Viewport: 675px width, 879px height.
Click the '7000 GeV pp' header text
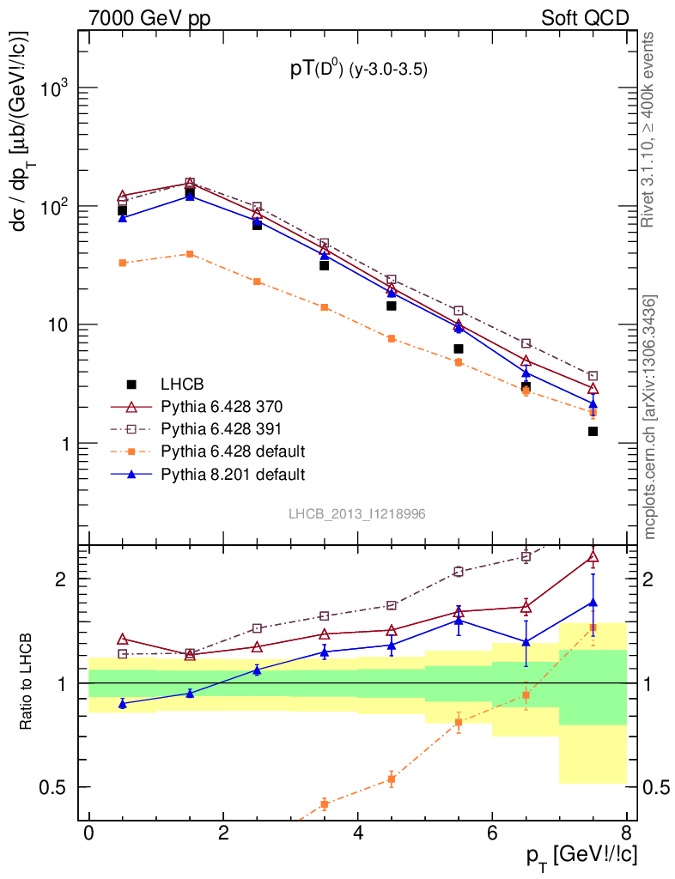click(x=155, y=17)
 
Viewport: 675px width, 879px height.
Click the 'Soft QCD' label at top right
click(x=584, y=17)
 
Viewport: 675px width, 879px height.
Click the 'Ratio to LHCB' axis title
click(x=27, y=682)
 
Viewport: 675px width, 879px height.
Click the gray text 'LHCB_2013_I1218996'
click(x=356, y=513)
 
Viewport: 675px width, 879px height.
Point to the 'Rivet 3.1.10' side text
click(x=649, y=129)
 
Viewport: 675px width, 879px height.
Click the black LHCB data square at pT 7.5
click(x=593, y=431)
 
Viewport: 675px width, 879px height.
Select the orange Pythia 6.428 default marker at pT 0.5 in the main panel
click(x=123, y=263)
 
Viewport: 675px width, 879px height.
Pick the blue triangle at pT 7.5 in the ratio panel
click(x=593, y=603)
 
